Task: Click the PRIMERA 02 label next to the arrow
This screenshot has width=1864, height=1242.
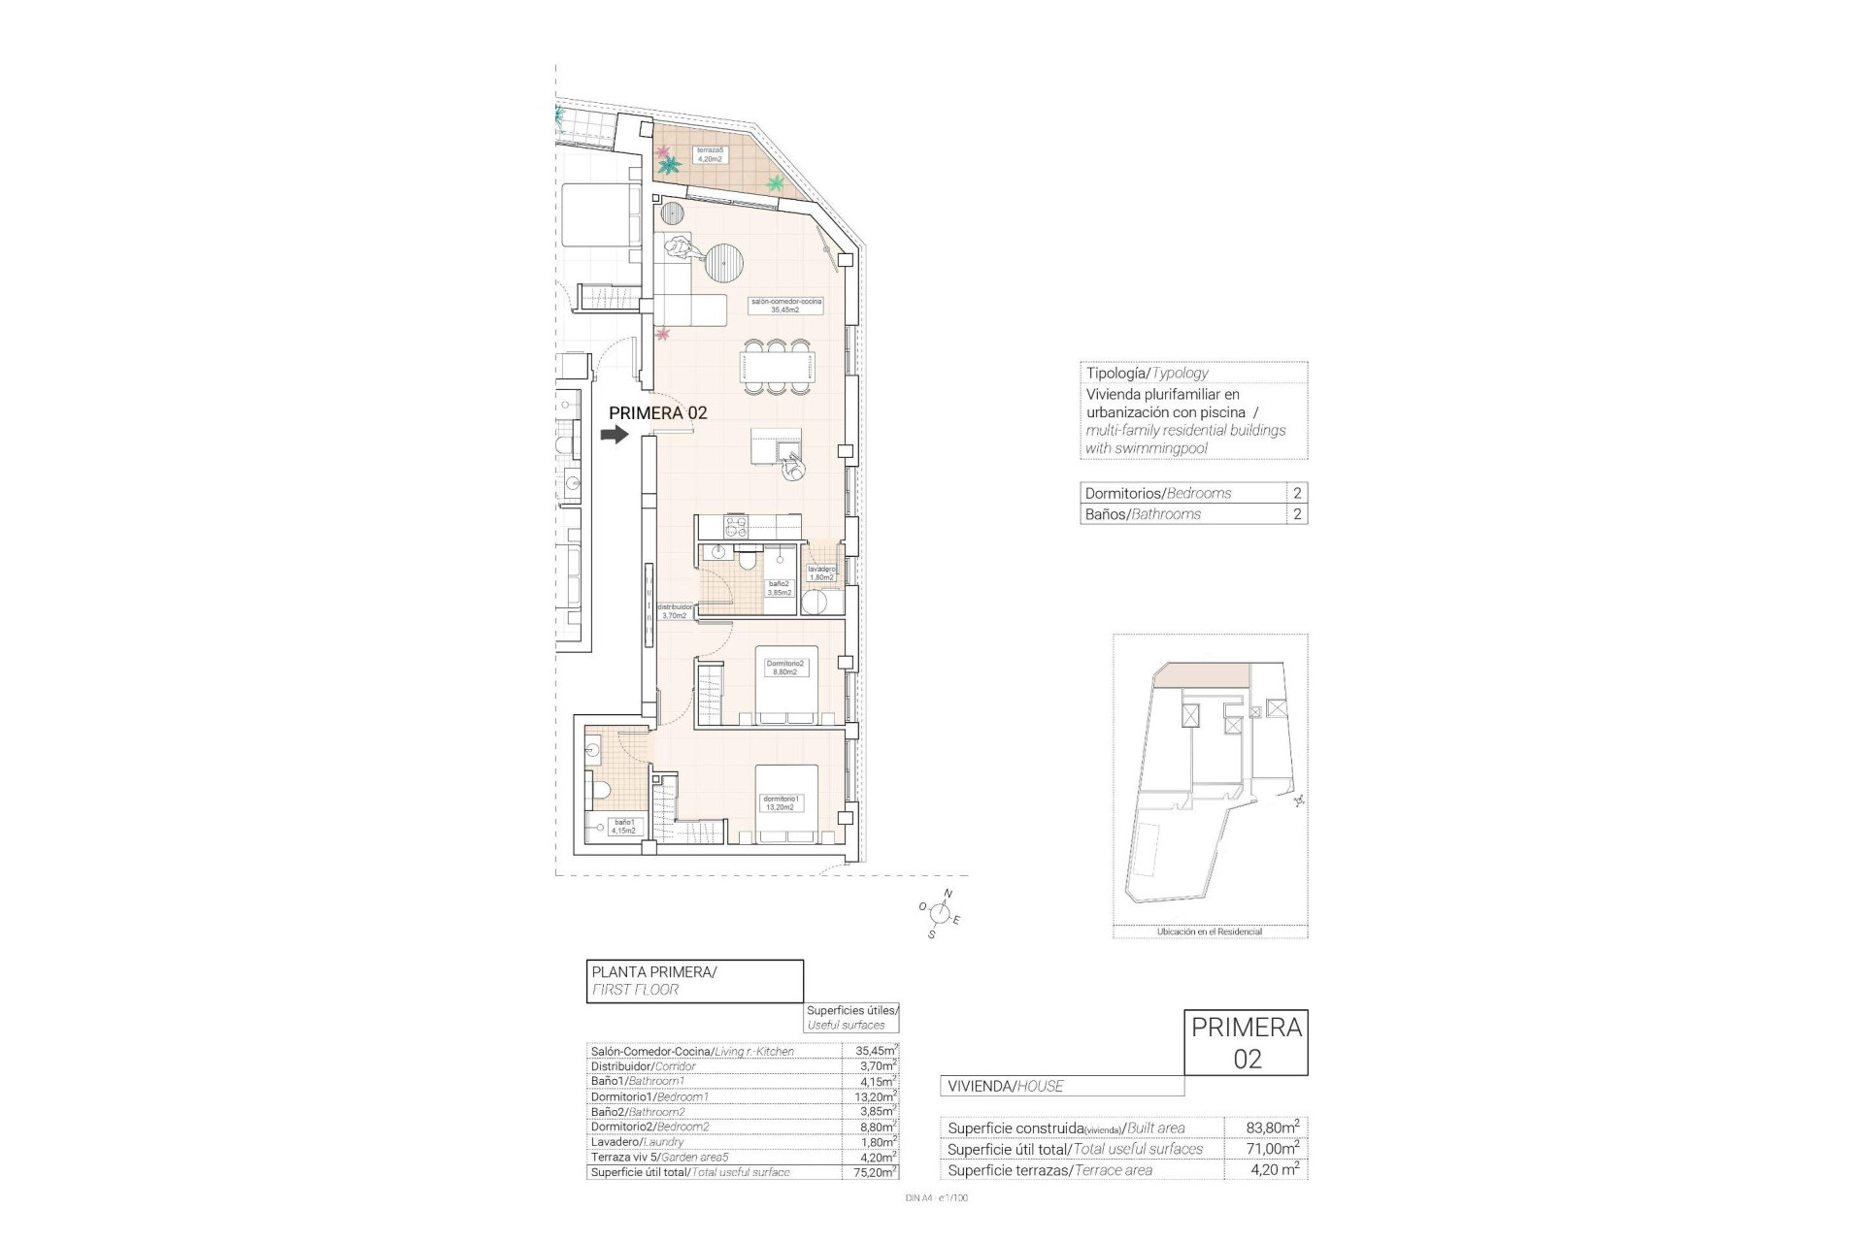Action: (x=657, y=412)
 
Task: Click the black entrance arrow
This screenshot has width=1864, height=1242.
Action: (x=615, y=436)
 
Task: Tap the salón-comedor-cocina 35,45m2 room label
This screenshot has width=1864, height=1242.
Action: (x=785, y=306)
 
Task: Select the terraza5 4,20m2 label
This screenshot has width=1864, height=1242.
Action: (x=710, y=154)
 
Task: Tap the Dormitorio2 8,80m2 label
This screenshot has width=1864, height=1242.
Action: (x=784, y=668)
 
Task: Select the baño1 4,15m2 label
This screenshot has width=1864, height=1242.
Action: (x=623, y=827)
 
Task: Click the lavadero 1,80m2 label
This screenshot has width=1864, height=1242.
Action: (x=821, y=573)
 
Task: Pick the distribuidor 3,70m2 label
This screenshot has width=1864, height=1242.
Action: (x=675, y=611)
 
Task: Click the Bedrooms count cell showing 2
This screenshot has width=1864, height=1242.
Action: (x=1297, y=493)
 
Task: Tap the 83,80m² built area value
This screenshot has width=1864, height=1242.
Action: (x=1272, y=1128)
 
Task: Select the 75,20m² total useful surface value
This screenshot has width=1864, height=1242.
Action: (x=870, y=1172)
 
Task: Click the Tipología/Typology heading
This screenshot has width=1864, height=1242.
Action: (x=1147, y=373)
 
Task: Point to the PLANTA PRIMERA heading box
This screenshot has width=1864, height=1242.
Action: (x=694, y=980)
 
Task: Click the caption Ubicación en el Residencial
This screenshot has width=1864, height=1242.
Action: (x=1209, y=931)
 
